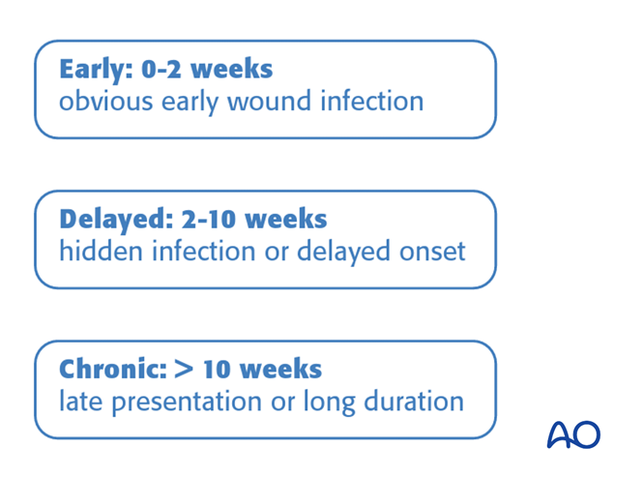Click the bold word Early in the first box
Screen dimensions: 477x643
pos(94,70)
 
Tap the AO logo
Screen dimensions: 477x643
pos(572,434)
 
